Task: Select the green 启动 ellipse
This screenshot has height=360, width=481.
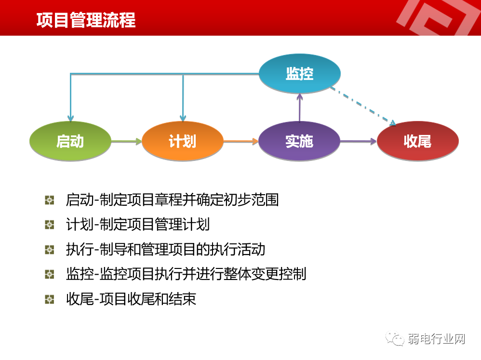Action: click(70, 141)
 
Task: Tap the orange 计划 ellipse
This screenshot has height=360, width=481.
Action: click(183, 141)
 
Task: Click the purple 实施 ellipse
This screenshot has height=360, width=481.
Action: click(299, 141)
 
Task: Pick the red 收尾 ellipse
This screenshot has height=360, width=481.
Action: click(417, 141)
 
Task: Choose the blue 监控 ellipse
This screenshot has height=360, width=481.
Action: click(300, 74)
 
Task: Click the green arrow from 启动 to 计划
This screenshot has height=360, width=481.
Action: click(126, 141)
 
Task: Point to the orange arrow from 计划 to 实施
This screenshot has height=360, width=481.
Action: click(240, 141)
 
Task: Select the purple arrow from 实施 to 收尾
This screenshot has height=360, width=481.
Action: click(358, 141)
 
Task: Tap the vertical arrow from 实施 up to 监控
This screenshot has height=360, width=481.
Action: click(300, 107)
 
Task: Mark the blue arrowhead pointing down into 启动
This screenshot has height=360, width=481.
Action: click(71, 118)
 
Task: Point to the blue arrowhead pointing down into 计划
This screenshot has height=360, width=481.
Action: click(183, 118)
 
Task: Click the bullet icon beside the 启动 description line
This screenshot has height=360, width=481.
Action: click(50, 200)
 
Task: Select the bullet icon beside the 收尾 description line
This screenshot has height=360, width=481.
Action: click(50, 299)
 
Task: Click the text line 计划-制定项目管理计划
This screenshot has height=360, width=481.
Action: click(137, 225)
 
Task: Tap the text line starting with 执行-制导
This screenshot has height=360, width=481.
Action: click(165, 249)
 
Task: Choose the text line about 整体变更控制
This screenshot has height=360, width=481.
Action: click(186, 274)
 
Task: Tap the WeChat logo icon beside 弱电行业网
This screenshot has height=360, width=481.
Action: click(397, 339)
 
